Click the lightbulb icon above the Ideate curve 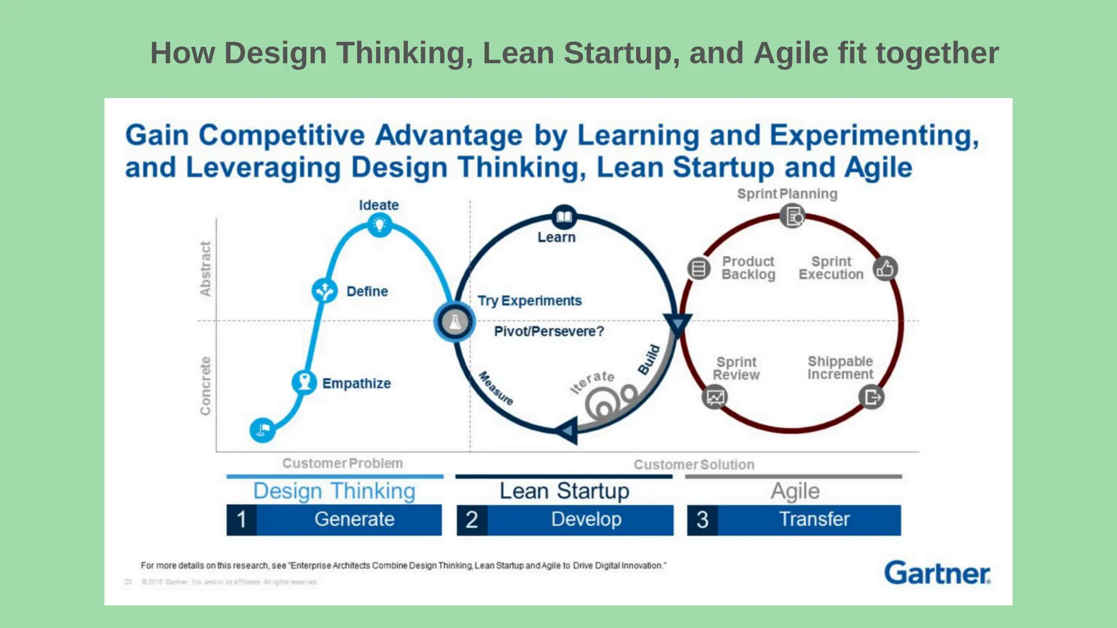(x=380, y=224)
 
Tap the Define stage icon (x=325, y=291)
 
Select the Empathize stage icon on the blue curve (x=304, y=382)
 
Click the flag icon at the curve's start (x=262, y=430)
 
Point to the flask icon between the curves (x=454, y=322)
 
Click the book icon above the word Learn (x=564, y=217)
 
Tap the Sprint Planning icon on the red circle (x=792, y=216)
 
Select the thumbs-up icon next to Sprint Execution (x=885, y=268)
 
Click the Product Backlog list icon (x=699, y=268)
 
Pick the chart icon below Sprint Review (x=714, y=397)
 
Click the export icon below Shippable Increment (x=871, y=397)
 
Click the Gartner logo (x=937, y=573)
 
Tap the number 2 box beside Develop (x=472, y=520)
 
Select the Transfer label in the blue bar (x=814, y=520)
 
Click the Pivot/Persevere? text (x=549, y=331)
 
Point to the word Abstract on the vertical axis (x=205, y=269)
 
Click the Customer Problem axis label (x=343, y=463)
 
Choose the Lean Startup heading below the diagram (x=564, y=491)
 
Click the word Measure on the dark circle (x=496, y=388)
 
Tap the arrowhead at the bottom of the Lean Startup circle (x=567, y=431)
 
